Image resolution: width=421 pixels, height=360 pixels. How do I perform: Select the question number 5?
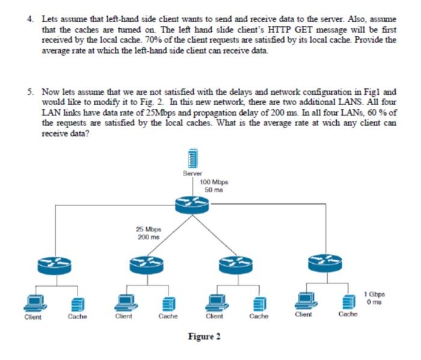click(31, 92)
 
